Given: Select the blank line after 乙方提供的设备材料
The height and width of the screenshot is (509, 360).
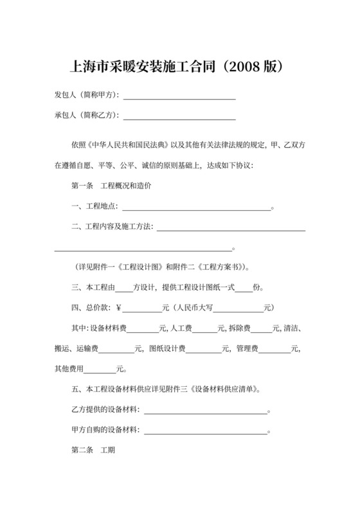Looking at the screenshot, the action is (x=205, y=410).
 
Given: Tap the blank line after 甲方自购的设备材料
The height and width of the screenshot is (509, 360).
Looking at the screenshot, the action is (x=205, y=431).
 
